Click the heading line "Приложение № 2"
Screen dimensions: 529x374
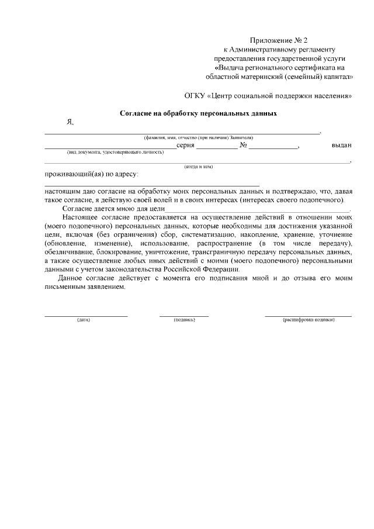click(x=279, y=40)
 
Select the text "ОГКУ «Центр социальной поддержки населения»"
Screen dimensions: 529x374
click(x=268, y=95)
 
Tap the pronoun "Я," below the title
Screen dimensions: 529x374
click(x=70, y=123)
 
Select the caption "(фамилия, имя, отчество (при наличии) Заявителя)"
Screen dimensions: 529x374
click(x=198, y=137)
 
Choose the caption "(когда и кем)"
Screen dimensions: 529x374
click(x=198, y=167)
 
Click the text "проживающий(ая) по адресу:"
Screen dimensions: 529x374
click(x=92, y=174)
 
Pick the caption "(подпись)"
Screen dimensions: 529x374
click(x=184, y=320)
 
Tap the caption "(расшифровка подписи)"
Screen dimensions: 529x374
click(x=309, y=320)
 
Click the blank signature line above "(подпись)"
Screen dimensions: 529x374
click(x=184, y=316)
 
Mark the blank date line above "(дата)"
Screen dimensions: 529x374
click(x=86, y=316)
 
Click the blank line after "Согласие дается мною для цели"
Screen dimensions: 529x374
click(x=257, y=209)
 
